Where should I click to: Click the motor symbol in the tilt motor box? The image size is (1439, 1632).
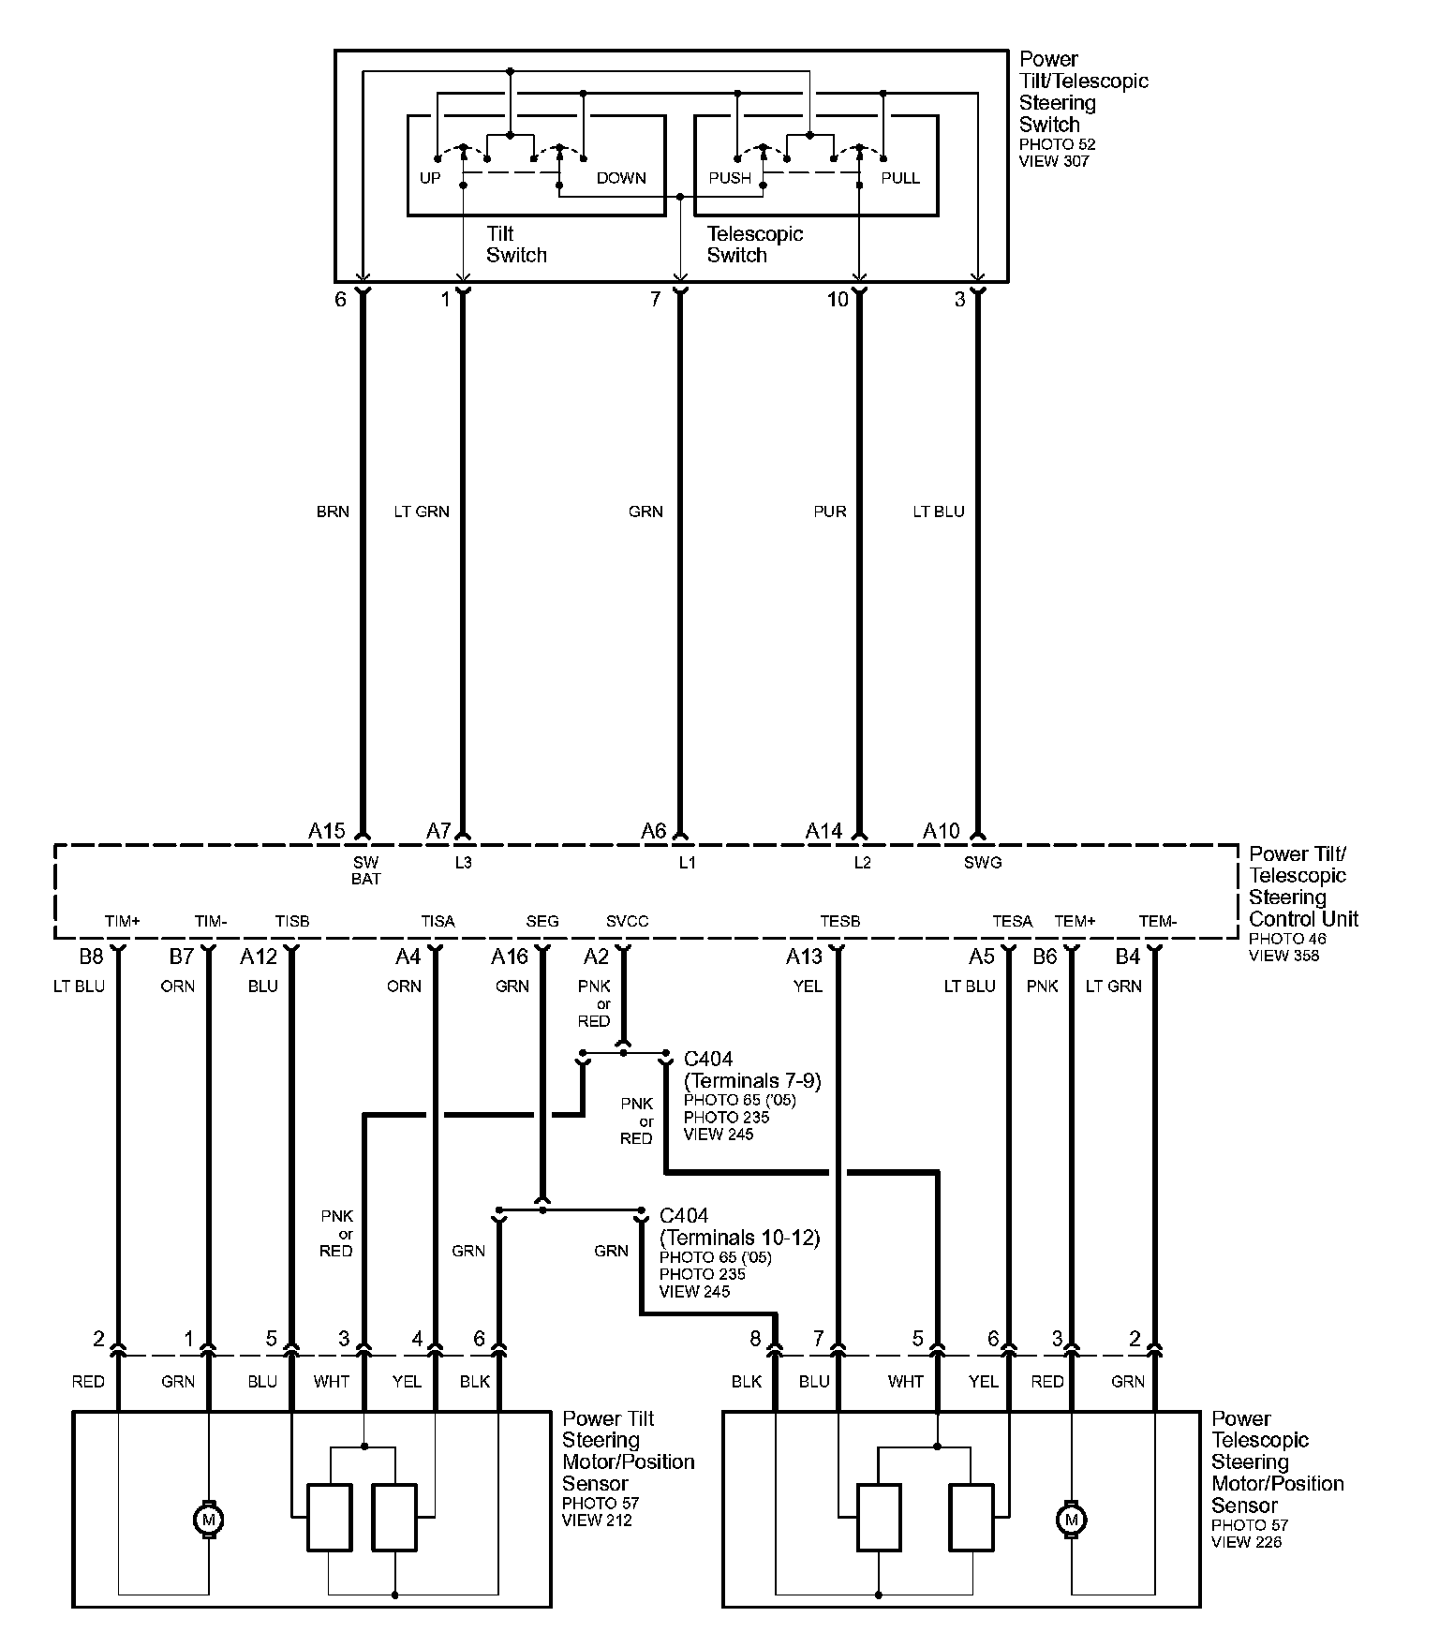(x=208, y=1519)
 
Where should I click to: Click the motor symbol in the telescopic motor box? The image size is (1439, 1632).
(x=1072, y=1519)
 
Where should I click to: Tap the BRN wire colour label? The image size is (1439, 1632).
(x=333, y=512)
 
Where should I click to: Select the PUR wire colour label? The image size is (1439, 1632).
(x=830, y=512)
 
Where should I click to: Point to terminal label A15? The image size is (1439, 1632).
(x=327, y=831)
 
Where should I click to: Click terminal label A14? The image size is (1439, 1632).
(x=824, y=831)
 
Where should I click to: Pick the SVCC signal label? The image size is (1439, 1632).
(x=627, y=922)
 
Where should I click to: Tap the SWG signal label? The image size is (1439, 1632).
(x=983, y=863)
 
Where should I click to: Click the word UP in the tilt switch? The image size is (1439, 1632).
(x=430, y=178)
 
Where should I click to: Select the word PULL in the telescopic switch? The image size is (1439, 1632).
(x=900, y=178)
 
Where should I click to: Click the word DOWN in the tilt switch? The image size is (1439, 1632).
(x=621, y=178)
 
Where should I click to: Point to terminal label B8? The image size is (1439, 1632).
(x=91, y=957)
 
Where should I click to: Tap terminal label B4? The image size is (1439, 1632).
(x=1128, y=957)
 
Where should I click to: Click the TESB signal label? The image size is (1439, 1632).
(x=839, y=922)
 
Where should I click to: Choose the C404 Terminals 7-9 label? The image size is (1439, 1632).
(x=751, y=1070)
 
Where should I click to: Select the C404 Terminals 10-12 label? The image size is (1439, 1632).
(x=739, y=1227)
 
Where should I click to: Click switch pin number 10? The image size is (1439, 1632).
(x=838, y=299)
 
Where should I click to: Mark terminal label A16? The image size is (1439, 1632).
(x=510, y=957)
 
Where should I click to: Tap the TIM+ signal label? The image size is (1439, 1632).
(x=122, y=922)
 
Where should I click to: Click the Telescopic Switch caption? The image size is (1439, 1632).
(x=754, y=245)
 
